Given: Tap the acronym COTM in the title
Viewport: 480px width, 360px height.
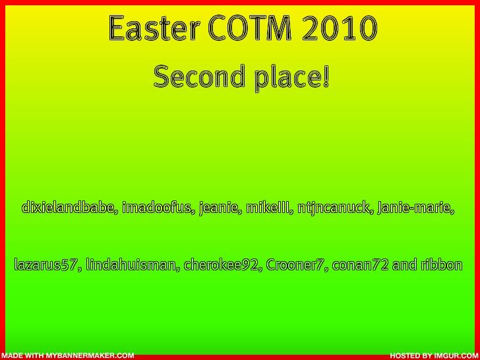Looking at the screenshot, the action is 249,28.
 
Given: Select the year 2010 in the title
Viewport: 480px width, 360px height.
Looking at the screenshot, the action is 339,28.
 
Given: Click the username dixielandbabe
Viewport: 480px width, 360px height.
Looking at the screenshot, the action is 70,208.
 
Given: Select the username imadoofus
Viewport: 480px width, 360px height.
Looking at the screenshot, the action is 158,208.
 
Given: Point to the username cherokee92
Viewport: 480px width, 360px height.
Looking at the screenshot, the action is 223,265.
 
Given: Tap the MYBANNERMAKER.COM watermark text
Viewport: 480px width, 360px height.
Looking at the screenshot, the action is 90,355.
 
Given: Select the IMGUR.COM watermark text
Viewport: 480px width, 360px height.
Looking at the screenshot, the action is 456,355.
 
